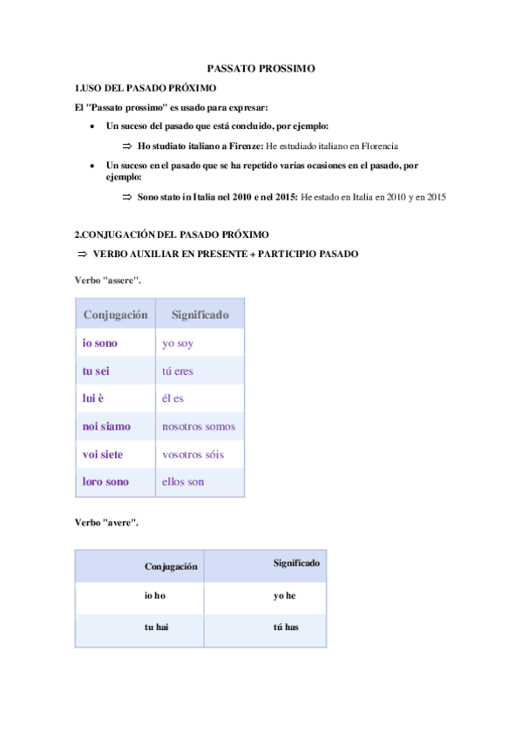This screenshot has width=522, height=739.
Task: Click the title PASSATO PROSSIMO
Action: [261, 68]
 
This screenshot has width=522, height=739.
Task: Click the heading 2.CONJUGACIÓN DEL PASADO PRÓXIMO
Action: [173, 234]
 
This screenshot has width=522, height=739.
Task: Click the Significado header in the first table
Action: [200, 314]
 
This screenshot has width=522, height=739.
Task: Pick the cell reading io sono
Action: [100, 343]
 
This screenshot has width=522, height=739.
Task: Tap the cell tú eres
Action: [178, 371]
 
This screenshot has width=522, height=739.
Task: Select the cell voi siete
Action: [103, 454]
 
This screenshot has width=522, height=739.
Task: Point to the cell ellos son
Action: [183, 481]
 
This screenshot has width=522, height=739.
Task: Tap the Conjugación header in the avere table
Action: [171, 566]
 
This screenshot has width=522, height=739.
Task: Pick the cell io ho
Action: [155, 596]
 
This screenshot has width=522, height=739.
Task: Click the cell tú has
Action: [286, 627]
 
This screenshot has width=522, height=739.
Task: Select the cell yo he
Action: [285, 596]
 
